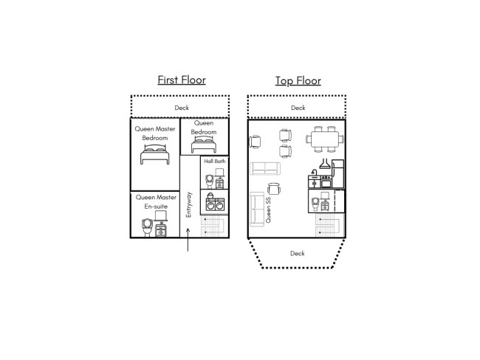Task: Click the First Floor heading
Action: tap(182, 80)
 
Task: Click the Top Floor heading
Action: tap(298, 80)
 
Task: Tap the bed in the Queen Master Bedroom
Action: tap(155, 154)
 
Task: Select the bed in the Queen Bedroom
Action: tap(204, 145)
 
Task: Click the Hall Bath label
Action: tap(215, 162)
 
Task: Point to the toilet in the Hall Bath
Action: tap(210, 181)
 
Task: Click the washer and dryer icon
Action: tap(215, 202)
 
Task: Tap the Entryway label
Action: tap(188, 204)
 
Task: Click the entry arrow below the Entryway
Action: tap(188, 240)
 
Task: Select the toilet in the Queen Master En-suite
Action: tap(147, 227)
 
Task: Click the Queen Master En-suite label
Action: tap(156, 202)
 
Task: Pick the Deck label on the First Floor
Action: tap(182, 108)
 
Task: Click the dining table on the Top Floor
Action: tap(325, 139)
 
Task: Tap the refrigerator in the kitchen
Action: tap(338, 174)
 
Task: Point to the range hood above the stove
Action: tap(325, 164)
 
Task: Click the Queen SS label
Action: tap(268, 210)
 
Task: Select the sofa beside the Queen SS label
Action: tap(257, 210)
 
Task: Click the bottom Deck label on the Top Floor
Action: tap(298, 253)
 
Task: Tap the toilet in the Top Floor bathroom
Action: tap(315, 204)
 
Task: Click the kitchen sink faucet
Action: tap(314, 172)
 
